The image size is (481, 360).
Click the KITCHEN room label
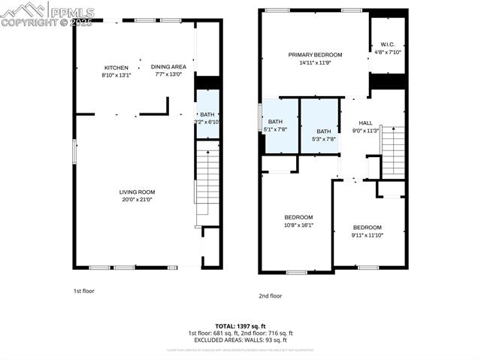pos(116,68)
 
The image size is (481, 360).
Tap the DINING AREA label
pos(168,67)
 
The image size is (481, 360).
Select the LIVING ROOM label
pos(137,192)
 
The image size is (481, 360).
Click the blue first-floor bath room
pos(207,114)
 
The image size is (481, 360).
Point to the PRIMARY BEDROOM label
pos(316,55)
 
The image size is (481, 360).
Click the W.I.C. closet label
pos(388,44)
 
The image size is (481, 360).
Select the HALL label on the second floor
pos(365,123)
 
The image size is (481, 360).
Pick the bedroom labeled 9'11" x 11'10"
pos(368,231)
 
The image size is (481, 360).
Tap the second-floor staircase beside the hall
pos(393,151)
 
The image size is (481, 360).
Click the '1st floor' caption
pos(83,290)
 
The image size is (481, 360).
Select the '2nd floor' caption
pos(270,296)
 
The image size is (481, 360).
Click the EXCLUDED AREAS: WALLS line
pos(240,340)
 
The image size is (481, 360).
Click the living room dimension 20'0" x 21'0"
pos(137,199)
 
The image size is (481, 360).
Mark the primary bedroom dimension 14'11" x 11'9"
pos(316,63)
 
